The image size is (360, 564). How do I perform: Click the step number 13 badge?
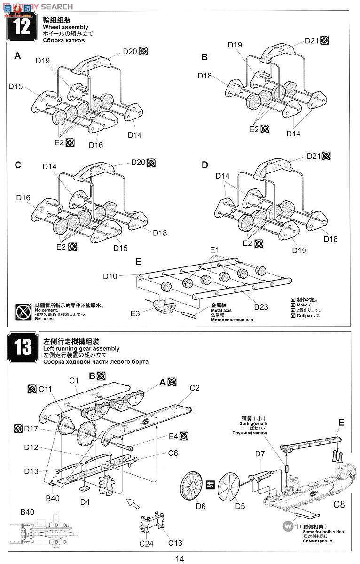coord(22,347)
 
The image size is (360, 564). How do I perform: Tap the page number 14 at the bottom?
coord(180,558)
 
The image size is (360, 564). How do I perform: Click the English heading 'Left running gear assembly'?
coord(81,349)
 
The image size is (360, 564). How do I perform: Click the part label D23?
coord(261,307)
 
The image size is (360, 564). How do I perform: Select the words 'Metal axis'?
coord(221,311)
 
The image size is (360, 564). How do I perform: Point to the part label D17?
coord(31,428)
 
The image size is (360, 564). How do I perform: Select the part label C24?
coord(146,544)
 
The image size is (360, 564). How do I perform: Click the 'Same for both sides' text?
coord(323,531)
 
